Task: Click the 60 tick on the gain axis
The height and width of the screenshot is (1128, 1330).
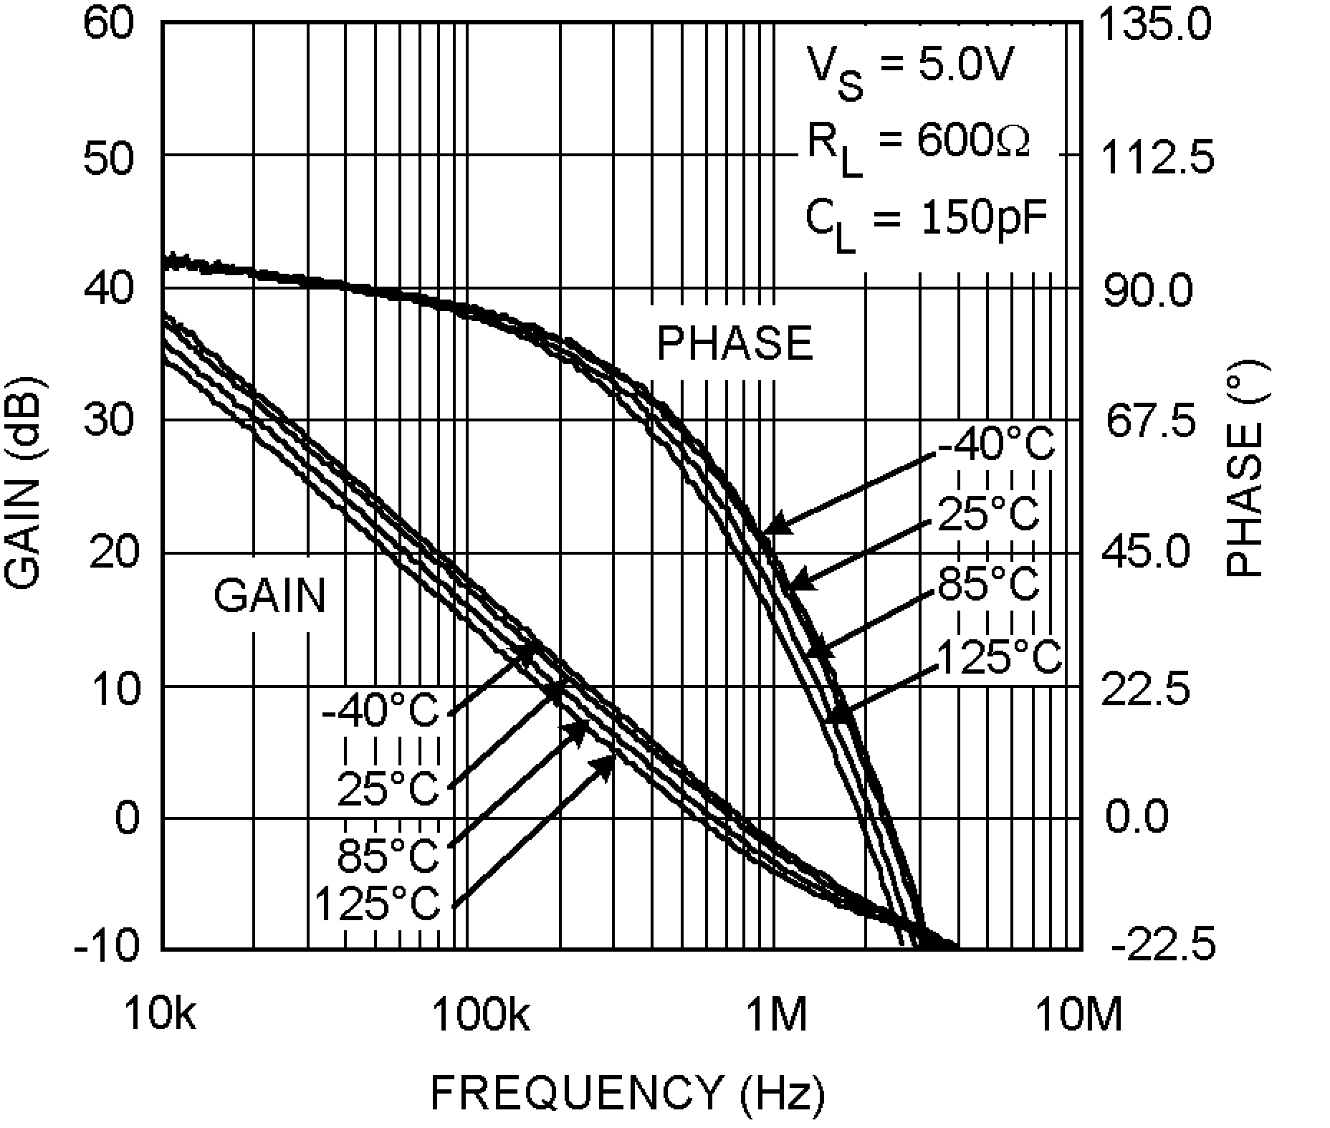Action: click(x=108, y=23)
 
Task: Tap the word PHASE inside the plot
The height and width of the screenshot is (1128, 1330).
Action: click(x=735, y=343)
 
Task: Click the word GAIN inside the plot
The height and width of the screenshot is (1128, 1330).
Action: click(x=269, y=596)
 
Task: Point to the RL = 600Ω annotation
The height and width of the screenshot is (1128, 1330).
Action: click(x=917, y=147)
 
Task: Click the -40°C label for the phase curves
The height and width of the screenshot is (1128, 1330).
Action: click(x=997, y=444)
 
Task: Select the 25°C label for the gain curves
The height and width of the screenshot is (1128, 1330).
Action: click(x=388, y=788)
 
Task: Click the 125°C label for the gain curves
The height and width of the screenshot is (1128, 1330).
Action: click(x=377, y=903)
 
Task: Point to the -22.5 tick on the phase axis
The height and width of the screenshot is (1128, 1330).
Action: click(x=1163, y=945)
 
